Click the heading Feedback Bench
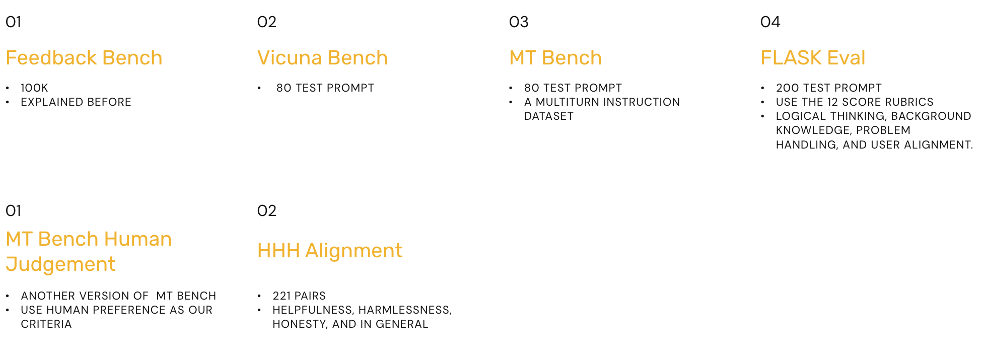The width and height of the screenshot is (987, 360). [x=84, y=58]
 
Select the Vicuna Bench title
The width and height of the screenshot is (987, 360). [x=322, y=58]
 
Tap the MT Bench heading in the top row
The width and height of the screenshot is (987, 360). [x=555, y=58]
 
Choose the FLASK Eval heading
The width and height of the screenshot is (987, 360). [x=813, y=58]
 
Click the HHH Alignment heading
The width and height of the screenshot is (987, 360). [x=330, y=251]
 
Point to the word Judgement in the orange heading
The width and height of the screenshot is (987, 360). [x=61, y=264]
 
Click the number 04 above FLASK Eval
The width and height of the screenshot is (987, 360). [x=770, y=22]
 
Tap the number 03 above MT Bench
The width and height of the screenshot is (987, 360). [x=519, y=22]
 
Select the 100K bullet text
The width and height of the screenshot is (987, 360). [x=34, y=88]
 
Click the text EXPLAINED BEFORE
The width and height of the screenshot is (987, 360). [x=76, y=102]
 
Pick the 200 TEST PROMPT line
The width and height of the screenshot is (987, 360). [x=829, y=88]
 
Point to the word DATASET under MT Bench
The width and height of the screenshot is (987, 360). [x=549, y=116]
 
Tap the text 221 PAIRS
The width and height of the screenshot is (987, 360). [x=299, y=296]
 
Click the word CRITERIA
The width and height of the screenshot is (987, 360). [x=46, y=324]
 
